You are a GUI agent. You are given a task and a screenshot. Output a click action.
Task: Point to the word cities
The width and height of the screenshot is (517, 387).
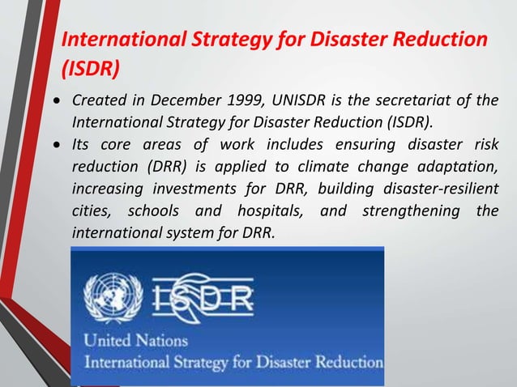click(x=91, y=213)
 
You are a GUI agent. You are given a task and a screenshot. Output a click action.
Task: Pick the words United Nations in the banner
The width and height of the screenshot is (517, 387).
click(x=136, y=340)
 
